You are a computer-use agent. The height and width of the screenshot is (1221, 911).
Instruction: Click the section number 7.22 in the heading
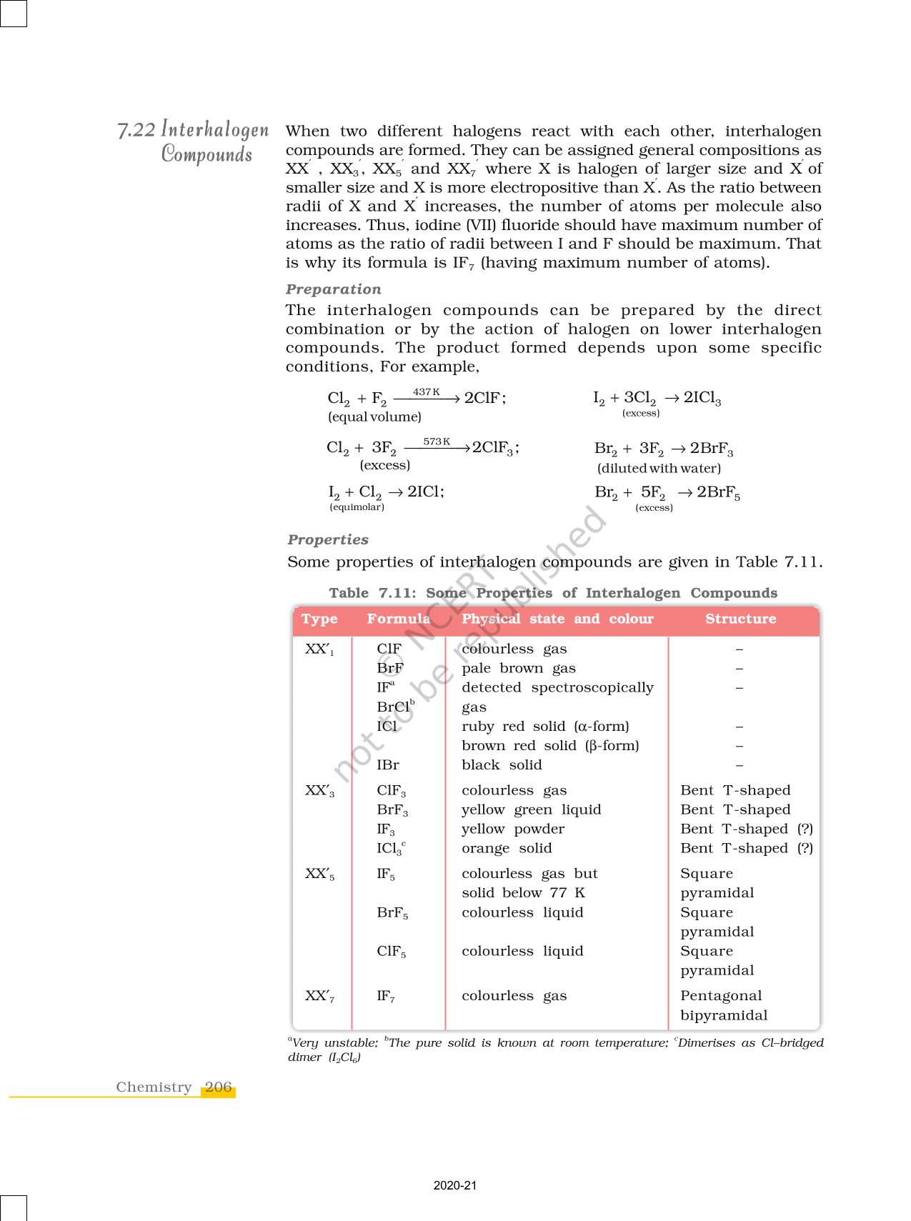click(136, 130)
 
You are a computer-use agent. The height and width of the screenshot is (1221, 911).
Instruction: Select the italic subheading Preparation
click(333, 289)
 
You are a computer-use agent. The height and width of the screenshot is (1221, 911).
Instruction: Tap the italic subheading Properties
click(328, 540)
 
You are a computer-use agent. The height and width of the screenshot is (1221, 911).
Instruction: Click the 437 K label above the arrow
click(426, 392)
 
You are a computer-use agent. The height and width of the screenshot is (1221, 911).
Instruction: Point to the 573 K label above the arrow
click(437, 442)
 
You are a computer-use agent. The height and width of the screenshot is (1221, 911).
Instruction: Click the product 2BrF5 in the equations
click(718, 492)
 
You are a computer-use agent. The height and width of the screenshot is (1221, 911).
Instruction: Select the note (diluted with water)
click(659, 469)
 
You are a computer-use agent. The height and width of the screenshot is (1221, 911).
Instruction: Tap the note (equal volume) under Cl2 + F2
click(374, 417)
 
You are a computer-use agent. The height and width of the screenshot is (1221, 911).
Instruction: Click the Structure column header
click(740, 619)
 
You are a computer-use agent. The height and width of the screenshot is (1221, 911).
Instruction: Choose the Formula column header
click(398, 619)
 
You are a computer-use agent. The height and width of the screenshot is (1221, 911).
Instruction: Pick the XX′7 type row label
click(319, 997)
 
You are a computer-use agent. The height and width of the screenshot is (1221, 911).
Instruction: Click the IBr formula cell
click(388, 765)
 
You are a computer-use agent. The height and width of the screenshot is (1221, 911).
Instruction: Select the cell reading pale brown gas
click(518, 669)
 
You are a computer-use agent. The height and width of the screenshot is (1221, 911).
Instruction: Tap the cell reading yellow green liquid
click(531, 810)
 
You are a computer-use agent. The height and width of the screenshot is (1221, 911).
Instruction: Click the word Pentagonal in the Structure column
click(720, 996)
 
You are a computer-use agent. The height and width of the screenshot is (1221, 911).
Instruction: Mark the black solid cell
click(502, 765)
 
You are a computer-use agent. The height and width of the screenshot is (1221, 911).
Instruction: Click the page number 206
click(218, 1087)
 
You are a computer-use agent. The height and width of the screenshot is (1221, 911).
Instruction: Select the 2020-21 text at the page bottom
click(454, 1185)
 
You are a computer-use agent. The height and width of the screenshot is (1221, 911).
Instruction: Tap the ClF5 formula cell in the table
click(391, 952)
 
